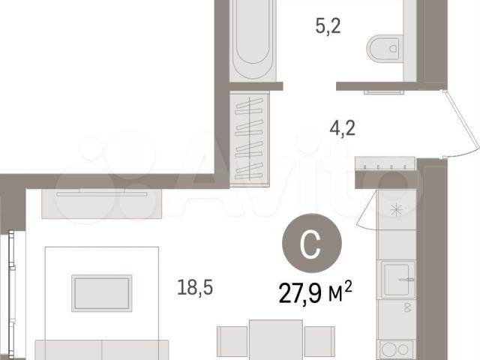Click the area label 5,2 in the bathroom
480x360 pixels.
click(x=328, y=26)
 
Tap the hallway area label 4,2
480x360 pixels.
click(x=342, y=128)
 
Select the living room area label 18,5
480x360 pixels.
click(x=195, y=288)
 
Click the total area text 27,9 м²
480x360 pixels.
click(x=315, y=292)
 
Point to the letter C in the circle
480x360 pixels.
click(x=310, y=243)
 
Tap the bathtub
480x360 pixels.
click(x=253, y=40)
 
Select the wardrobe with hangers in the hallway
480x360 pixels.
click(x=250, y=139)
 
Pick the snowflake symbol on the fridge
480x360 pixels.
click(x=396, y=210)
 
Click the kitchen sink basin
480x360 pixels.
click(x=396, y=280)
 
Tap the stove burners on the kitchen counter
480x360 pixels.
click(x=395, y=349)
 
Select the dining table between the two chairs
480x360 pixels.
click(x=276, y=340)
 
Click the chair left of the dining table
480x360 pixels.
click(x=232, y=341)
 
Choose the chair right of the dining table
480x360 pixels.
click(x=319, y=341)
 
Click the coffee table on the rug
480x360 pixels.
click(x=102, y=293)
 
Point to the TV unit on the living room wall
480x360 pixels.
click(x=102, y=203)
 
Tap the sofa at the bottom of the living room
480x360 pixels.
click(x=102, y=350)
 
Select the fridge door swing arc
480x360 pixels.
click(x=367, y=211)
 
